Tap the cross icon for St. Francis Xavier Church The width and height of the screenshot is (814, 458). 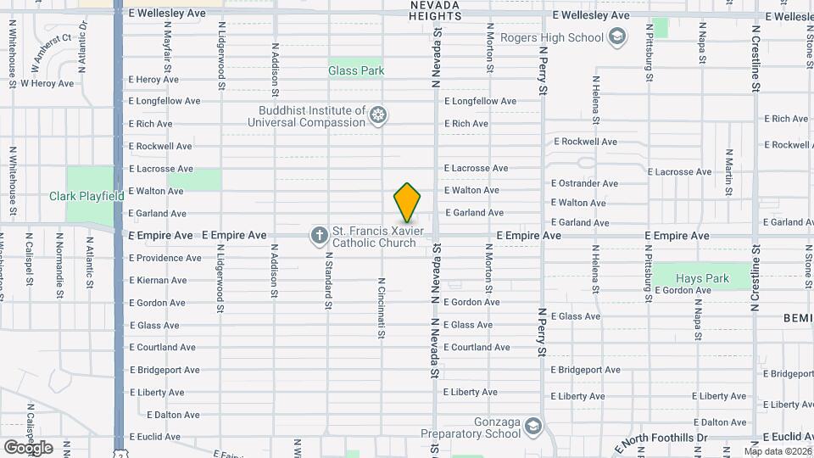pyautogui.click(x=319, y=235)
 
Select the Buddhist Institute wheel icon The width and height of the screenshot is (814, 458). pyautogui.click(x=379, y=115)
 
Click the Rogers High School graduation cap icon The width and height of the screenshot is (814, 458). pyautogui.click(x=619, y=37)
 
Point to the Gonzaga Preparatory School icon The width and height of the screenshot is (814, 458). pyautogui.click(x=533, y=424)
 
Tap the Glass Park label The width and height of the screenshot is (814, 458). pyautogui.click(x=356, y=70)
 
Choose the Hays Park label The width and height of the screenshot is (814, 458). pyautogui.click(x=702, y=278)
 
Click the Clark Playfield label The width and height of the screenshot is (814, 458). pyautogui.click(x=86, y=196)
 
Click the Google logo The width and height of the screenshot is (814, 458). pyautogui.click(x=27, y=447)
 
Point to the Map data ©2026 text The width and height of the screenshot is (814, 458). pyautogui.click(x=777, y=450)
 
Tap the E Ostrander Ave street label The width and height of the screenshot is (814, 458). pyautogui.click(x=584, y=183)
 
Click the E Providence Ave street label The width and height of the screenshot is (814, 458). pyautogui.click(x=164, y=258)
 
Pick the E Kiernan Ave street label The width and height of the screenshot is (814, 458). pyautogui.click(x=158, y=280)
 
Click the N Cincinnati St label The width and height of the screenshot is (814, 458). pyautogui.click(x=382, y=307)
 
